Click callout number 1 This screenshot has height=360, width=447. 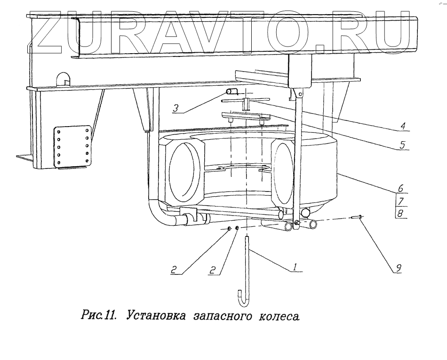tap(295, 267)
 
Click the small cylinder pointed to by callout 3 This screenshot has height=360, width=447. tap(231, 92)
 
